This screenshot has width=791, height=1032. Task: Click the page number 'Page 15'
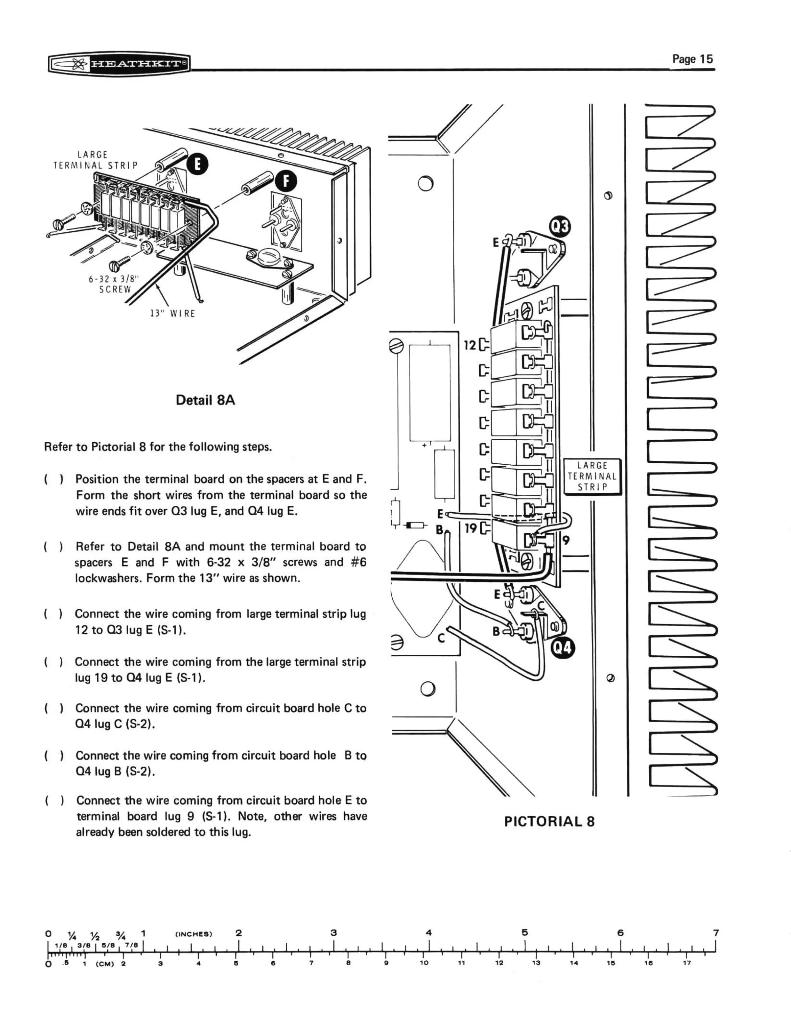click(x=692, y=59)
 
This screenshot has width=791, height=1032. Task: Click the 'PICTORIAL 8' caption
click(x=549, y=821)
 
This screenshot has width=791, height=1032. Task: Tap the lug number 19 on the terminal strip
click(x=471, y=528)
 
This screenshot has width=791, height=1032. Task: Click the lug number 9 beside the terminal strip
click(x=566, y=540)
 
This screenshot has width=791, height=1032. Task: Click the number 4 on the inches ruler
click(x=428, y=932)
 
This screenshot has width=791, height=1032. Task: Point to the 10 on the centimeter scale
click(x=424, y=963)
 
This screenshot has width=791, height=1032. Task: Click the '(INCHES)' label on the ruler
click(x=194, y=934)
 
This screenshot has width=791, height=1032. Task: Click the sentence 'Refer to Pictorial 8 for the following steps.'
click(x=158, y=447)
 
